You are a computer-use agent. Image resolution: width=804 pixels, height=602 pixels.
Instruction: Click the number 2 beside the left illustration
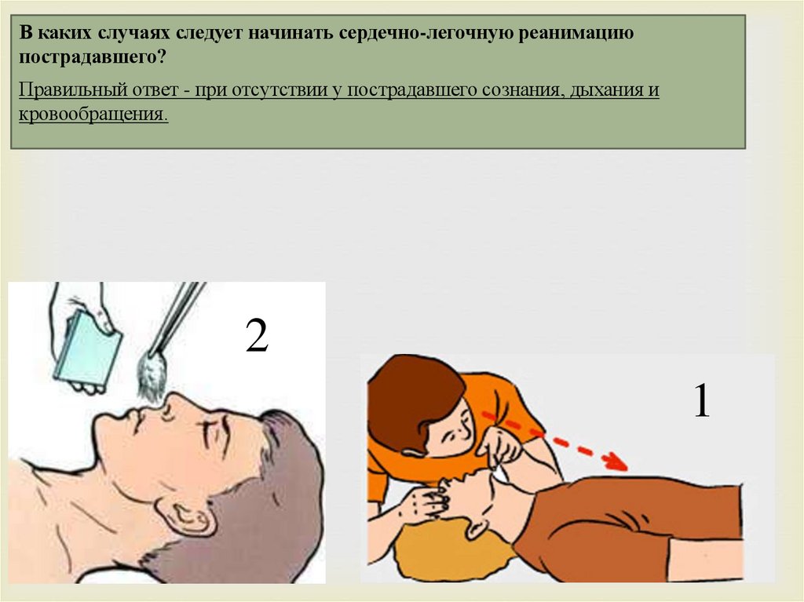click(x=257, y=335)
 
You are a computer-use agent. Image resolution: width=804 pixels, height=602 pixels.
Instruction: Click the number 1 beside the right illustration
click(x=702, y=401)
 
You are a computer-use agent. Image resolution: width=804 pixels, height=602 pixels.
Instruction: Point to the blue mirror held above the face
click(x=88, y=348)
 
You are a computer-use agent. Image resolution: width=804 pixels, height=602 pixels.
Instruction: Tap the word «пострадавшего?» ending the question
click(x=93, y=57)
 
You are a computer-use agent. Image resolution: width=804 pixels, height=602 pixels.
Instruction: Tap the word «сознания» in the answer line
click(x=522, y=89)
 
